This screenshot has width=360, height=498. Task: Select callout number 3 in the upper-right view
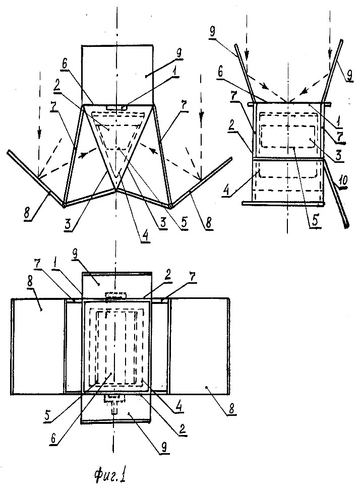tap(338, 155)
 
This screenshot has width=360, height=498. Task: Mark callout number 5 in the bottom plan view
tap(47, 415)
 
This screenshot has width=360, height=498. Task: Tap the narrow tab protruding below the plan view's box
tap(114, 410)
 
